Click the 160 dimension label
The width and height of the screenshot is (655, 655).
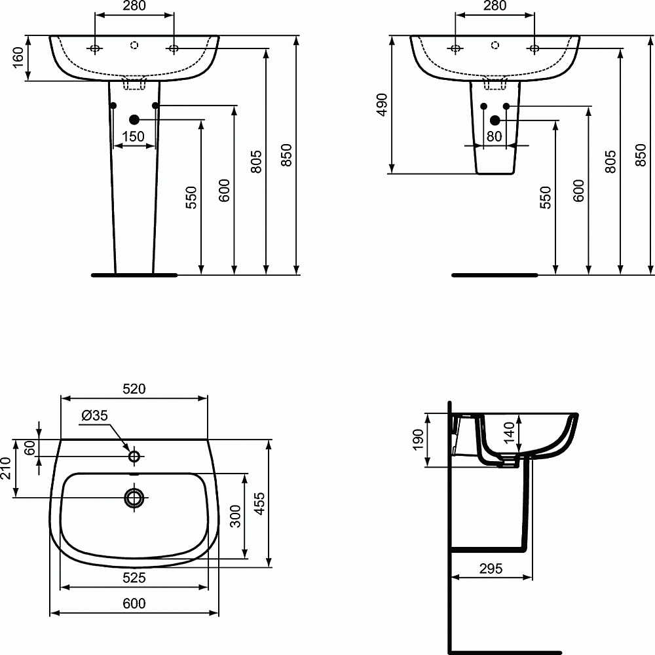pos(18,58)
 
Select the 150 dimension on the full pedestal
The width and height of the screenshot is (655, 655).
pos(134,136)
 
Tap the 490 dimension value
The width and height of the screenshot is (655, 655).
pos(382,104)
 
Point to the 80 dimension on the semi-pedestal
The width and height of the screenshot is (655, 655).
pos(494,136)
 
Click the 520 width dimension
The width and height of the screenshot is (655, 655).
pos(134,388)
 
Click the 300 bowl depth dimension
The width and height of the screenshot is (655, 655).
pos(236,515)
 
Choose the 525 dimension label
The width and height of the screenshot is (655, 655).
pos(134,577)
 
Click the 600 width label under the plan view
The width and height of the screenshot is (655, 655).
pos(134,604)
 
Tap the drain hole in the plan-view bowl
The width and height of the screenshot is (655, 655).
pos(134,498)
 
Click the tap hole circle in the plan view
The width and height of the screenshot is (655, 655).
pos(134,456)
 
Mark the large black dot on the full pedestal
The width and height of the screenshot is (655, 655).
pos(134,119)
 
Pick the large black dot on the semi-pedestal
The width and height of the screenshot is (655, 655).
pos(495,120)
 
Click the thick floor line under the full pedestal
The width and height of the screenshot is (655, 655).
pos(134,275)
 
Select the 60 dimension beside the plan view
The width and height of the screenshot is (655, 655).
pos(29,448)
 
